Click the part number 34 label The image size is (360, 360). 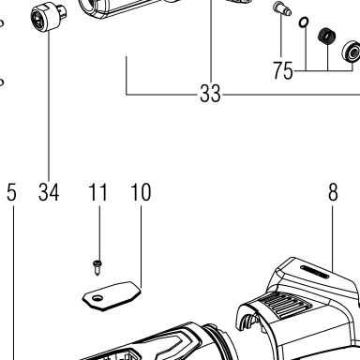click(49, 192)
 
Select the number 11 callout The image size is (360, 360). click(98, 192)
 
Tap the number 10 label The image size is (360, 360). click(141, 192)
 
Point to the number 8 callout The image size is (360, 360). click(333, 192)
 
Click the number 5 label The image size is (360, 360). click(11, 192)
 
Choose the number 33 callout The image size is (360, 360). click(210, 94)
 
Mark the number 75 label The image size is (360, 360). click(283, 70)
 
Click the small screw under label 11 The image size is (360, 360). click(97, 267)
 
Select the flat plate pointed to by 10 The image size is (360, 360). click(112, 295)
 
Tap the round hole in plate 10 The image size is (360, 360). click(97, 298)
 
